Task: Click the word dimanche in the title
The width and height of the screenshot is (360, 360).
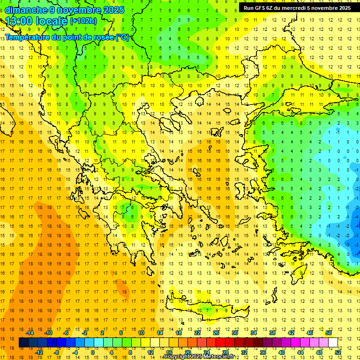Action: pyautogui.click(x=26, y=9)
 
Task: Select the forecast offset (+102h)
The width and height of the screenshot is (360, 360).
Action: pyautogui.click(x=83, y=21)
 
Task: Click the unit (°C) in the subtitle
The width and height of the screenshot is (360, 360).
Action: pyautogui.click(x=122, y=37)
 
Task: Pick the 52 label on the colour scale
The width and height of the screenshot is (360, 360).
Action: pyautogui.click(x=338, y=352)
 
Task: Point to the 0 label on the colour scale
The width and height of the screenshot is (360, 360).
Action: pyautogui.click(x=93, y=352)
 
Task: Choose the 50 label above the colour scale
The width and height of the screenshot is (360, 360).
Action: pyautogui.click(x=328, y=333)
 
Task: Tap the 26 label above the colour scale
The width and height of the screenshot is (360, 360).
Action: pyautogui.click(x=216, y=333)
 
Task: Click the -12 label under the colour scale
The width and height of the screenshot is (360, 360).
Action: pyautogui.click(x=39, y=352)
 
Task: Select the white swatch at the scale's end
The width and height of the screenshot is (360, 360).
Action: pyautogui.click(x=333, y=343)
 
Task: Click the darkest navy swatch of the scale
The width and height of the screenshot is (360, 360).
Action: pyautogui.click(x=24, y=343)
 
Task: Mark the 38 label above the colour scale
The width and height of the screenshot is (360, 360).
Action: pyautogui.click(x=272, y=333)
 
